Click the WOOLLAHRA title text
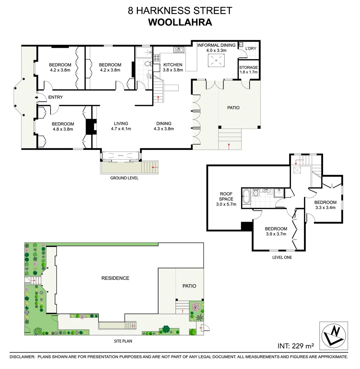[180, 23]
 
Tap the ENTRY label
[55, 97]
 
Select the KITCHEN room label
[173, 65]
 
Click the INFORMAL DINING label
[216, 45]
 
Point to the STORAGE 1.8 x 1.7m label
[249, 70]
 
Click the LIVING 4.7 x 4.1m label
[121, 126]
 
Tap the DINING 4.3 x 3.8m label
[164, 126]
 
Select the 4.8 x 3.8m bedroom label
[63, 126]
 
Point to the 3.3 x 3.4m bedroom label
[325, 205]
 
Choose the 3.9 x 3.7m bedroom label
[276, 231]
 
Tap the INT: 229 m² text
[296, 346]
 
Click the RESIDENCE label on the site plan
[115, 278]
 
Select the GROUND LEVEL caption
[124, 178]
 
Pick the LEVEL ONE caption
[282, 257]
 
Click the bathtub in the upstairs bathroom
[246, 197]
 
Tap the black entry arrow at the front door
[37, 98]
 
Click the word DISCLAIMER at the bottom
[22, 357]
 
